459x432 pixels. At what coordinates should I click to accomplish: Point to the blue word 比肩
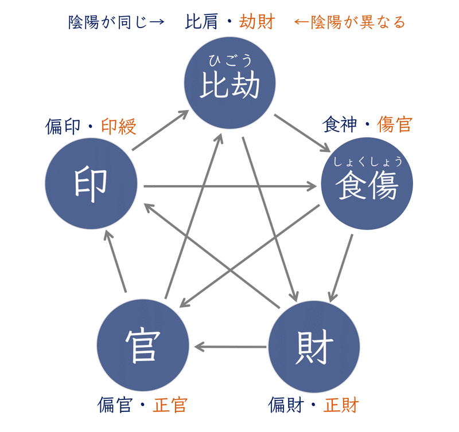(201, 22)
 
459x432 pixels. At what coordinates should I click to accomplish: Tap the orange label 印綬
(119, 127)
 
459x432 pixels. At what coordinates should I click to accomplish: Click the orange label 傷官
(395, 124)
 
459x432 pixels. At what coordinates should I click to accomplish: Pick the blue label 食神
(339, 124)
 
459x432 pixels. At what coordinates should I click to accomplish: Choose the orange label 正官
(170, 404)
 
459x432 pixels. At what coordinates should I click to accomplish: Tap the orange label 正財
(341, 404)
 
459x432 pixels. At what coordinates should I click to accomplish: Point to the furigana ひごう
(229, 60)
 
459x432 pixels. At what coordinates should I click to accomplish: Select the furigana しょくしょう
(368, 161)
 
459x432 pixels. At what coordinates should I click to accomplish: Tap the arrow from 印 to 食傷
(229, 186)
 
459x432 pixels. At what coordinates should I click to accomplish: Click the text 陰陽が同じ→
(116, 22)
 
